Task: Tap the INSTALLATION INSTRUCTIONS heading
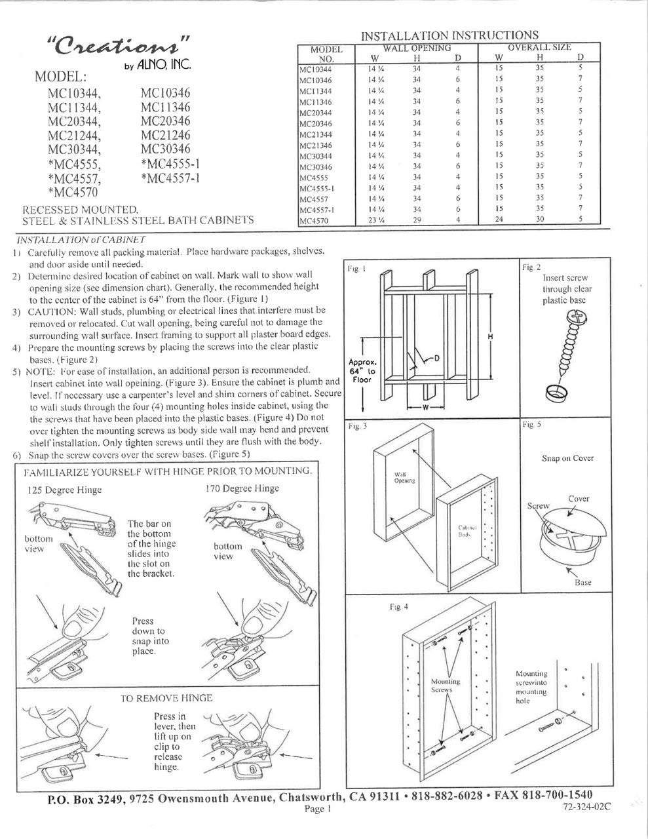coord(450,35)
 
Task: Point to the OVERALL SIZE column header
coord(539,47)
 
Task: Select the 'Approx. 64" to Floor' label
coord(361,371)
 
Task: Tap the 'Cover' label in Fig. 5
coord(579,499)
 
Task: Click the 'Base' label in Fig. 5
coord(582,582)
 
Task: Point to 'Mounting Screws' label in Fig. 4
coord(446,686)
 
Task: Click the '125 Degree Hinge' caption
coord(65,490)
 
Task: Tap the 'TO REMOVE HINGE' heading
coord(166,699)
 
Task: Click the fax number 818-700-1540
coord(565,796)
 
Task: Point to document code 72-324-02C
coord(586,808)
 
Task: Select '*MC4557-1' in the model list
coord(170,177)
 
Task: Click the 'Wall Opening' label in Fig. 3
coord(401,477)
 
